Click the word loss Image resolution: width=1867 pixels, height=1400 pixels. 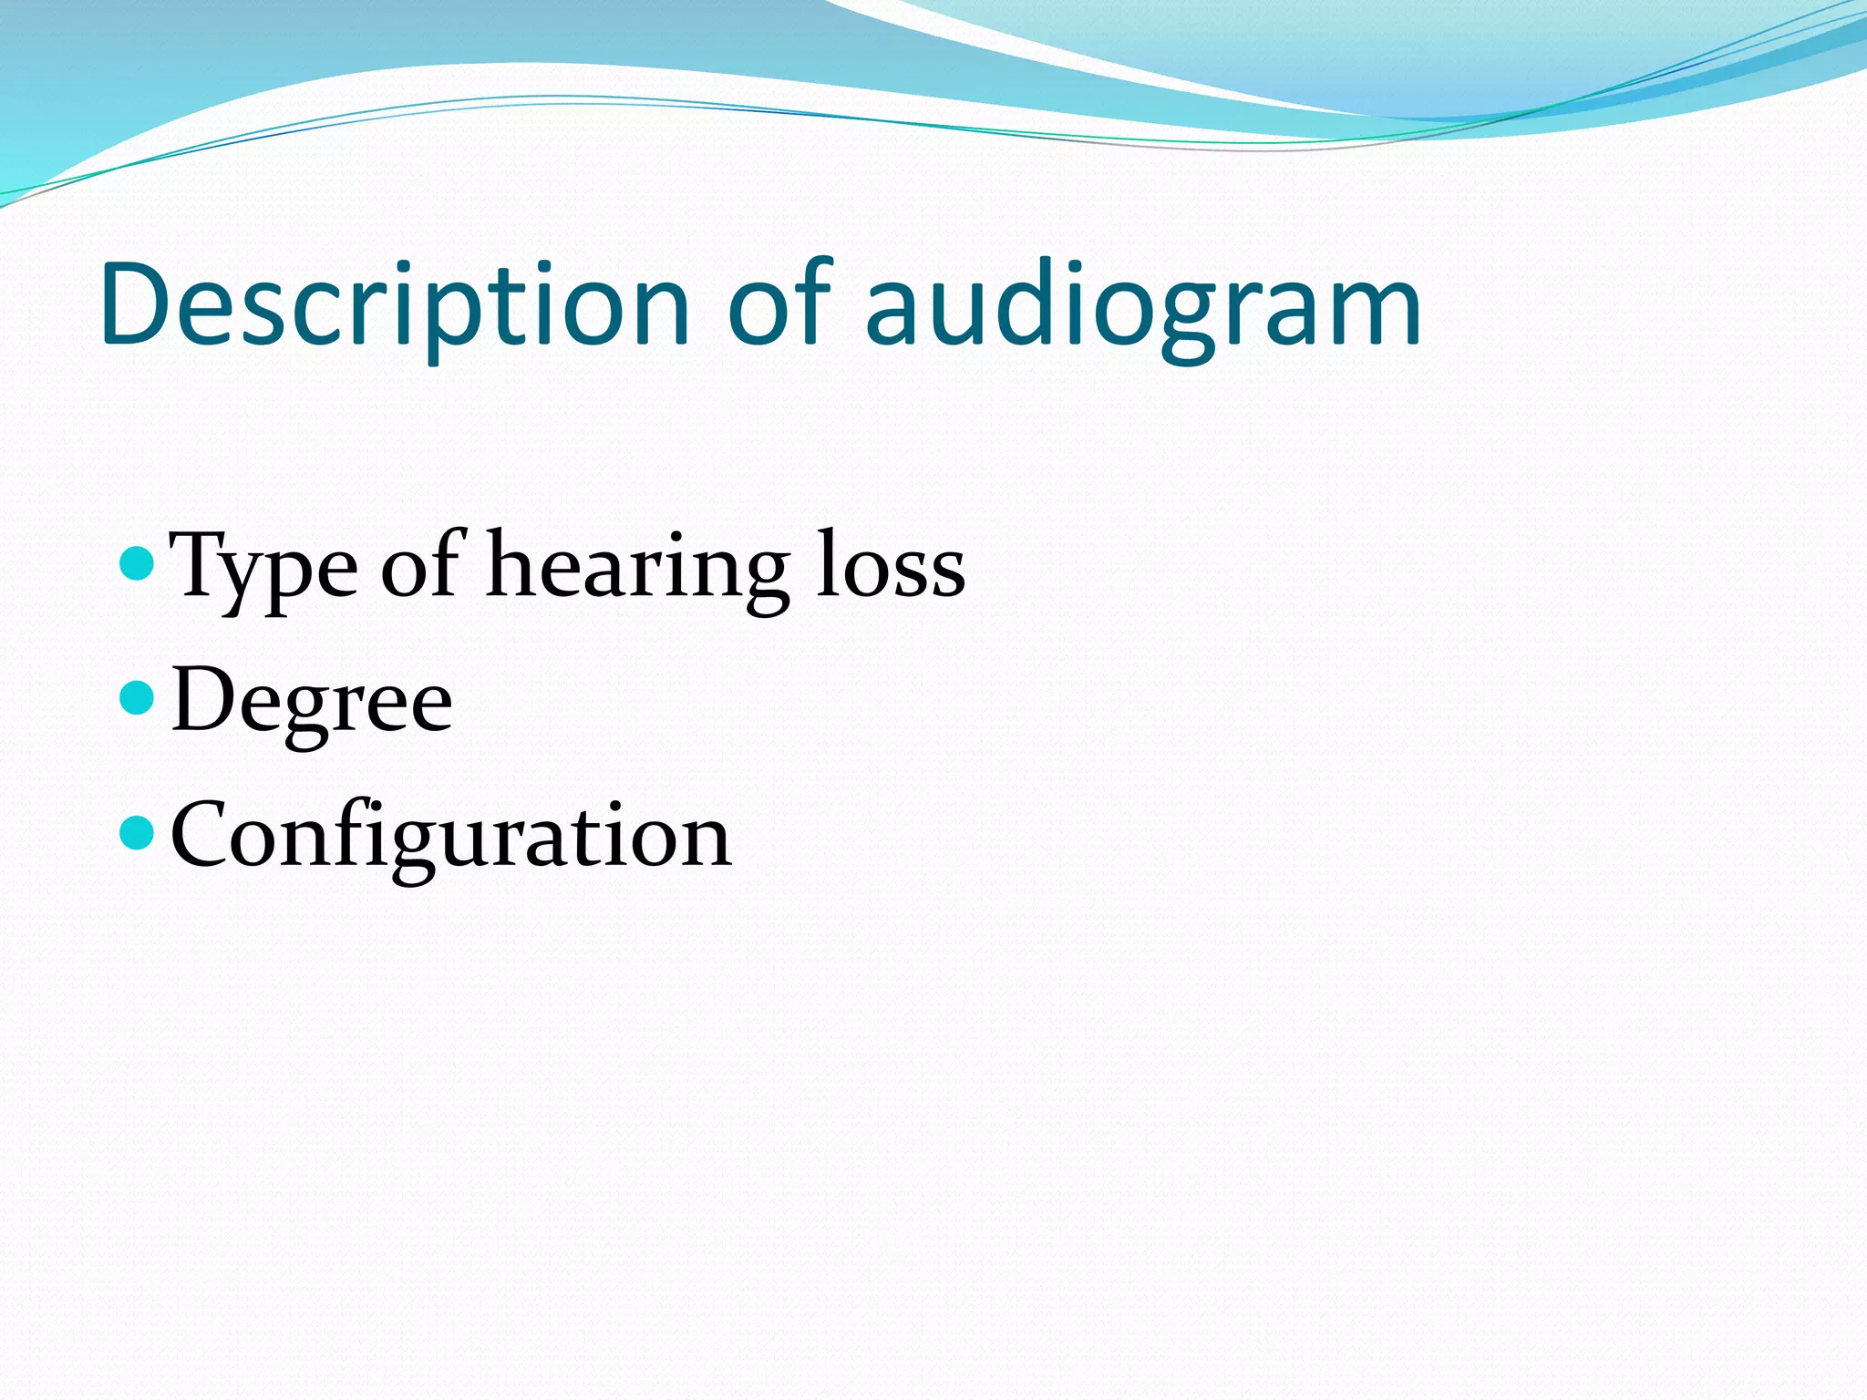(x=890, y=567)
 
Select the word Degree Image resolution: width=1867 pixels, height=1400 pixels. (x=311, y=702)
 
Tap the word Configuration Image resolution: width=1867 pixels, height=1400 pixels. (x=450, y=836)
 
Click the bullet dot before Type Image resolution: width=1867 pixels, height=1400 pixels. (x=138, y=563)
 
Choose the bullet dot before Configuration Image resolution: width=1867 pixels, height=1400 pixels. (x=138, y=832)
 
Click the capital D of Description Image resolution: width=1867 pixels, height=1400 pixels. (x=137, y=305)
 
